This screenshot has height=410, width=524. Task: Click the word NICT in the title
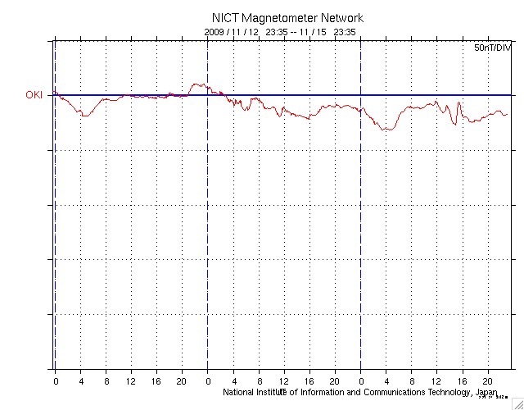pyautogui.click(x=225, y=18)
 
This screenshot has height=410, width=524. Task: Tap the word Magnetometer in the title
pyautogui.click(x=282, y=18)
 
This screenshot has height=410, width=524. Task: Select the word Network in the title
pyautogui.click(x=342, y=18)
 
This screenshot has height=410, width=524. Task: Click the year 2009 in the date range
pyautogui.click(x=213, y=31)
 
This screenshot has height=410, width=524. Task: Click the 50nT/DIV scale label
pyautogui.click(x=491, y=48)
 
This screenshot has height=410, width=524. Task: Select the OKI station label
pyautogui.click(x=34, y=95)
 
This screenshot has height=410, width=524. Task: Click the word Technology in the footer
pyautogui.click(x=441, y=392)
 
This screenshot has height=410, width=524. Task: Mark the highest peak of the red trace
pyautogui.click(x=196, y=84)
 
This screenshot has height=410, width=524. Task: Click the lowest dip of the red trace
pyautogui.click(x=385, y=130)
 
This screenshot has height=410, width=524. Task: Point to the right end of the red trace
pyautogui.click(x=508, y=115)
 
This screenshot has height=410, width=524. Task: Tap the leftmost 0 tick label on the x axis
pyautogui.click(x=56, y=382)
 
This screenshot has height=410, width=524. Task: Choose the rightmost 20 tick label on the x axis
pyautogui.click(x=487, y=382)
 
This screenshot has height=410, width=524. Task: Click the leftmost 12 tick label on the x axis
pyautogui.click(x=131, y=382)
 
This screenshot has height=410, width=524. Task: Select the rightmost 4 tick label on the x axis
pyautogui.click(x=386, y=382)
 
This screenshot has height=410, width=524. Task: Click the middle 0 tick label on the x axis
pyautogui.click(x=208, y=382)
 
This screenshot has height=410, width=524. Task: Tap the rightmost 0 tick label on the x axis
pyautogui.click(x=360, y=382)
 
